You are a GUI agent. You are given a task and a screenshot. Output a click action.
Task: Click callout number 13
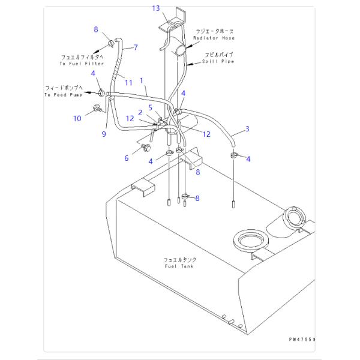click(155, 8)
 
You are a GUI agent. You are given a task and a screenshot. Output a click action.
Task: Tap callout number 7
click(136, 47)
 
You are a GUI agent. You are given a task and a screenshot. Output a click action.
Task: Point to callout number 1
click(142, 79)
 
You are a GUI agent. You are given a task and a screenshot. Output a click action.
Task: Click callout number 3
click(247, 128)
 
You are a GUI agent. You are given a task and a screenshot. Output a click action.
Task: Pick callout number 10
click(77, 119)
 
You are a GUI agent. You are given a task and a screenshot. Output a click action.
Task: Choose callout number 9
click(104, 134)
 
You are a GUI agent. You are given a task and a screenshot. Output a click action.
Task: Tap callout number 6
click(126, 158)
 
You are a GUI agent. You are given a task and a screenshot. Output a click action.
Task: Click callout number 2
click(140, 112)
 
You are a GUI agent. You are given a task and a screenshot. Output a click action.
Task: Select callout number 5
click(151, 107)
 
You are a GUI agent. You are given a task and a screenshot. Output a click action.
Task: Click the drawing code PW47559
click(301, 341)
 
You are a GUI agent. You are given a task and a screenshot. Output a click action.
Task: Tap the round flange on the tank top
click(247, 240)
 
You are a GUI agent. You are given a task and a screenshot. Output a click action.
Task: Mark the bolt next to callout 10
click(96, 109)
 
